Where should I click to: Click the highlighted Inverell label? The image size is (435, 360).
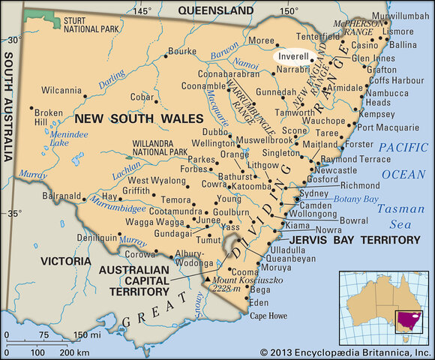point(292,55)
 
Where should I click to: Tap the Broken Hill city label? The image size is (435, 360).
point(47,117)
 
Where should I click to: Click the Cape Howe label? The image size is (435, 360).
point(268,316)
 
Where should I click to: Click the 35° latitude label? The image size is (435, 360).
point(13,214)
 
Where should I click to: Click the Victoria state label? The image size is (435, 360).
point(67,262)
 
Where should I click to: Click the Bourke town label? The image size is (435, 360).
point(181,52)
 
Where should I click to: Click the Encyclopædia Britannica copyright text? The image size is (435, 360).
point(346,352)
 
